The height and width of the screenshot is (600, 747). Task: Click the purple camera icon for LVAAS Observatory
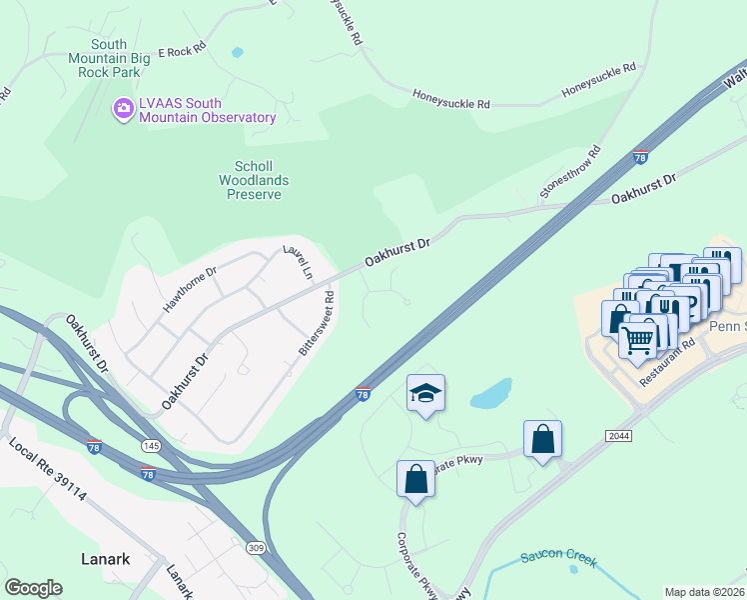tap(123, 107)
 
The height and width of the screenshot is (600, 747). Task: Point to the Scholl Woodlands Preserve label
tap(254, 180)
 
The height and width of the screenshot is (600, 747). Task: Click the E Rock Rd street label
tap(182, 49)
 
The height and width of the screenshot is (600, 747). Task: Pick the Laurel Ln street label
tap(298, 262)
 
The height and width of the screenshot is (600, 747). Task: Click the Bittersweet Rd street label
tap(318, 323)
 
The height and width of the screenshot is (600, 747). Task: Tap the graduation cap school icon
tap(425, 393)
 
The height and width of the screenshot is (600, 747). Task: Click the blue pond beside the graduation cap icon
tap(491, 394)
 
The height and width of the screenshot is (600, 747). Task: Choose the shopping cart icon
tap(638, 340)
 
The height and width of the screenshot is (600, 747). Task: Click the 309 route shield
tap(257, 548)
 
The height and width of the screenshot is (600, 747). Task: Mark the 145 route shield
tap(151, 443)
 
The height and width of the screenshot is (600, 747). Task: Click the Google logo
tap(33, 588)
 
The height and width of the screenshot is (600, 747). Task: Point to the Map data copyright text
tap(705, 592)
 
